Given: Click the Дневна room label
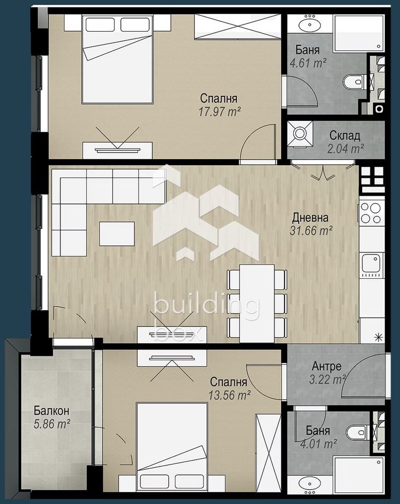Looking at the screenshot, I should coord(310,218).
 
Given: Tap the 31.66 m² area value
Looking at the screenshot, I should coord(310,231).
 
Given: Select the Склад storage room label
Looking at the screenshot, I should coord(345,136).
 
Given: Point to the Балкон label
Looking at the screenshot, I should coord(48,411).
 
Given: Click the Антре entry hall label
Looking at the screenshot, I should coord(326,366).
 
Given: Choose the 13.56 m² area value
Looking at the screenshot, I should coord(230,395).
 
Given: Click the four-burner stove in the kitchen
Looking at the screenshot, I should coord(370,213).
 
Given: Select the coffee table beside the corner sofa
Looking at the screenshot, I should coord(117,233).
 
